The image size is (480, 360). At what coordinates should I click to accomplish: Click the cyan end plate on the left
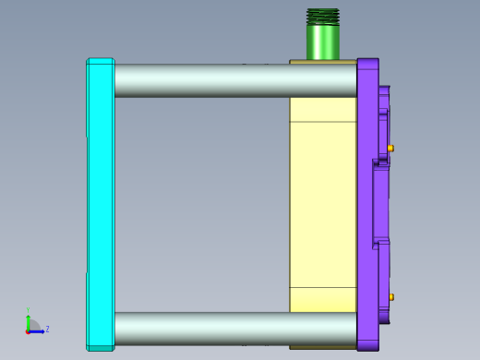tap(100, 203)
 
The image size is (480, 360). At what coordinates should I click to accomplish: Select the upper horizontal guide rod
tap(231, 80)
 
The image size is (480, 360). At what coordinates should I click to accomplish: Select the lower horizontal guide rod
tap(231, 328)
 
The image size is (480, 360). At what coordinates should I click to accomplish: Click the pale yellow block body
tap(321, 203)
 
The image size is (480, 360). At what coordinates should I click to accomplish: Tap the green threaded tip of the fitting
tap(323, 16)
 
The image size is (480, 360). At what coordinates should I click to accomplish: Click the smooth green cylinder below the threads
tap(323, 42)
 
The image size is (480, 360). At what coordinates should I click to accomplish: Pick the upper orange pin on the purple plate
tap(390, 148)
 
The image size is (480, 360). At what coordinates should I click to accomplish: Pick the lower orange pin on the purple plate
tap(391, 297)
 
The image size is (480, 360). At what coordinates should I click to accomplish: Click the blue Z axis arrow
tap(38, 330)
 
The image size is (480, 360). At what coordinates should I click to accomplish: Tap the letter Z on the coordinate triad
tap(47, 329)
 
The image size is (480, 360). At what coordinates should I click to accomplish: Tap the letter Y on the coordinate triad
tap(29, 310)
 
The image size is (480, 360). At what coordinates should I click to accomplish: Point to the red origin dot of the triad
tap(29, 330)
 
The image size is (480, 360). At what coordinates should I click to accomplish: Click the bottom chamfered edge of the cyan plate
tap(100, 348)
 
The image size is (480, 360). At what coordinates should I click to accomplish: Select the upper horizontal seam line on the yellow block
tap(321, 122)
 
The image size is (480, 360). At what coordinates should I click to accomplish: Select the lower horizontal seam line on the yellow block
tap(321, 287)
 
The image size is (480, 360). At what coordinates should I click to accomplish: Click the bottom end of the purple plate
tap(367, 348)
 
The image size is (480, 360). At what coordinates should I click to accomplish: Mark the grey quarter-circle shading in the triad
tap(33, 325)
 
